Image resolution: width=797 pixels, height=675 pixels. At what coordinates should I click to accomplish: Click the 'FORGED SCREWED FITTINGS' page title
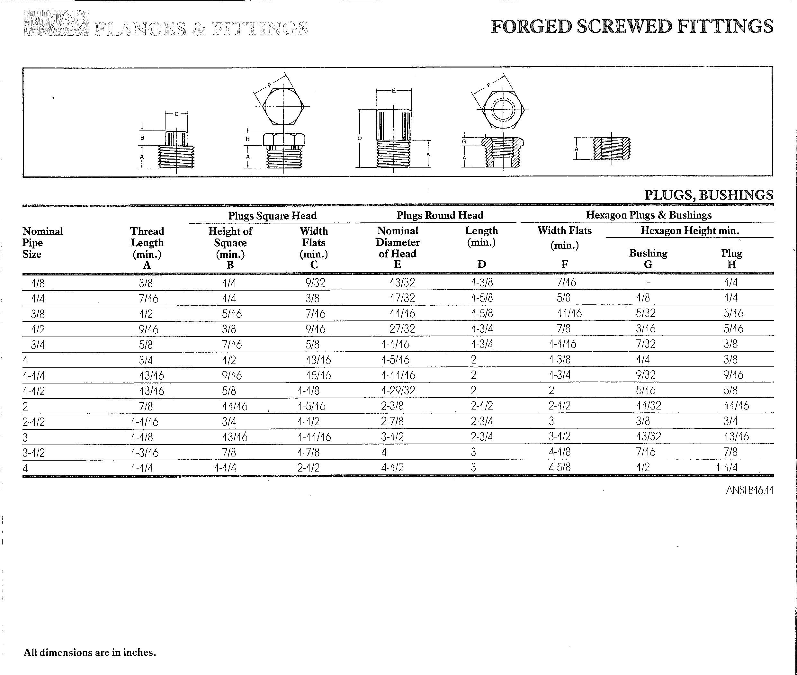(x=632, y=26)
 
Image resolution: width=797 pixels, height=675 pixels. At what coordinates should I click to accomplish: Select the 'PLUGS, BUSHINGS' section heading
(x=709, y=195)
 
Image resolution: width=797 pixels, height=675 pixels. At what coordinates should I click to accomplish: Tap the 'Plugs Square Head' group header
(x=272, y=215)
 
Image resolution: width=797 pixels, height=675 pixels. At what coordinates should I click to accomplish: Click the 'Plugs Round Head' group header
(x=440, y=215)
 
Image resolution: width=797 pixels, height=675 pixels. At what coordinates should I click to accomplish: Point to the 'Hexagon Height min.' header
(x=689, y=230)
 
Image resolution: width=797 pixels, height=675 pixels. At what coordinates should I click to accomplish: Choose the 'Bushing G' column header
(x=648, y=258)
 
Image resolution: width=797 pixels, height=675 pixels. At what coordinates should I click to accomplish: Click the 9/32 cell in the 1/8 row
(x=315, y=283)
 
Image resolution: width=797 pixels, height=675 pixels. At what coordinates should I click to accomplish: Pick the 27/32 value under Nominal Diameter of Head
(x=402, y=329)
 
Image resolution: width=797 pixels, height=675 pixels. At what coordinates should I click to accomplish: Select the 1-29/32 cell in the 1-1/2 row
(x=398, y=390)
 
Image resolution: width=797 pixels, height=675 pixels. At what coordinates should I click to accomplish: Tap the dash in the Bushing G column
(x=648, y=283)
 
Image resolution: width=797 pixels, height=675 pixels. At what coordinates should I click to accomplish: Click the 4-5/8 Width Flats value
(x=560, y=467)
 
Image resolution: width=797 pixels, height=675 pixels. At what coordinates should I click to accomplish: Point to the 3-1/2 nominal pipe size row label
(x=34, y=453)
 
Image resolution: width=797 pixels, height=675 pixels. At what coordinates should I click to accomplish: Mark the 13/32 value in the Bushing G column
(x=648, y=436)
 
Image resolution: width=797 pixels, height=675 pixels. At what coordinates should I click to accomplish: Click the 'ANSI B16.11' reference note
(x=749, y=490)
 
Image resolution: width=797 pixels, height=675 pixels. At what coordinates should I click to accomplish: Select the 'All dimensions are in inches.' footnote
(x=90, y=652)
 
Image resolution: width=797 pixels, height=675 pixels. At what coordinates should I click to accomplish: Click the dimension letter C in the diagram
(x=176, y=114)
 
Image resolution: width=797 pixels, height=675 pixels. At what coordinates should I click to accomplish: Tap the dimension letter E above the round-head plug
(x=394, y=91)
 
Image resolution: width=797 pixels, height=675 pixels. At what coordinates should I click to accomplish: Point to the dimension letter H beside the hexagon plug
(x=247, y=139)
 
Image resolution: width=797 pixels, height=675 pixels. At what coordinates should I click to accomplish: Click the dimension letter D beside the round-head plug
(x=360, y=139)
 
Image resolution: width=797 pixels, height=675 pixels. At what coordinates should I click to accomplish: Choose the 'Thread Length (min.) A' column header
(x=147, y=248)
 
